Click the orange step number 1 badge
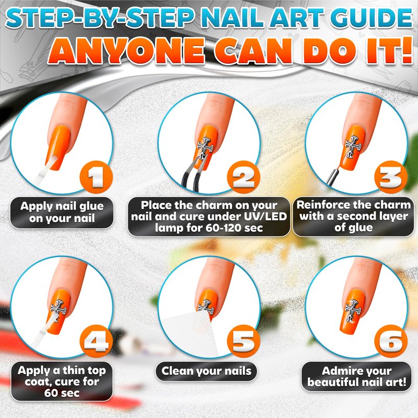coord(96,177)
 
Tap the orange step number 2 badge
coord(243,177)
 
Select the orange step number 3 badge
coord(391,177)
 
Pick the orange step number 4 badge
coord(96,342)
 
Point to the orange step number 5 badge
coord(243,342)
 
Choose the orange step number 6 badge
coord(391,342)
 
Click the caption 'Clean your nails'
coord(206,371)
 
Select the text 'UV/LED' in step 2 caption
coord(265,216)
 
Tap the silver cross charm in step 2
coord(205,148)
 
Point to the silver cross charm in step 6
coord(353,311)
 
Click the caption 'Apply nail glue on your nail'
coord(62,212)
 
